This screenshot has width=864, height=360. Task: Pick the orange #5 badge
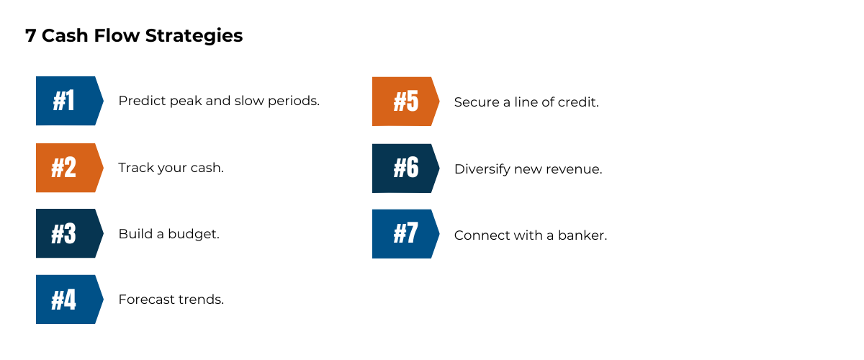click(404, 102)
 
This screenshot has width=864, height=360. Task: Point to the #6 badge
click(404, 168)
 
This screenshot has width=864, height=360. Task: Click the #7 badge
click(404, 234)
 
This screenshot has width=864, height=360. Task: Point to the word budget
click(194, 234)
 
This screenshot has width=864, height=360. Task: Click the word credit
click(580, 102)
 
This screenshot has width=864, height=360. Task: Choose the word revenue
click(576, 170)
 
